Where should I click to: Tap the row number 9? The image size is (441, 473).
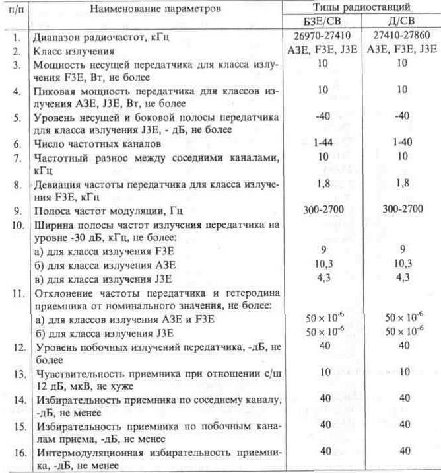point(17,213)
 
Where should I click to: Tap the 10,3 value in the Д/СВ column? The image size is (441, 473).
point(401,264)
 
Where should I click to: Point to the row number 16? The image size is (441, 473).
point(19,453)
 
